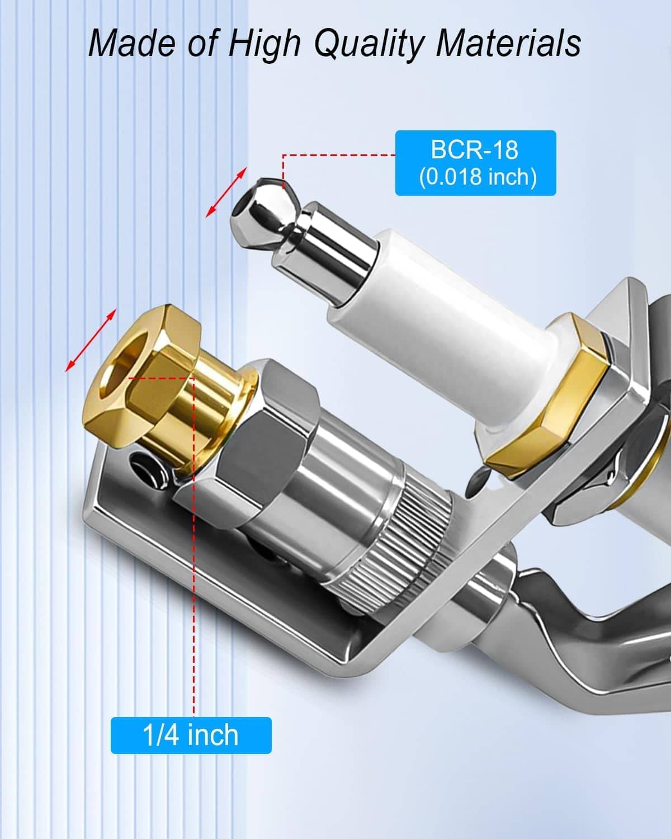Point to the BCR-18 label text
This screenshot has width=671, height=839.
tap(475, 149)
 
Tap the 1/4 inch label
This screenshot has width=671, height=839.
tap(191, 735)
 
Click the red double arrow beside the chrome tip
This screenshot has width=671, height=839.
tap(226, 192)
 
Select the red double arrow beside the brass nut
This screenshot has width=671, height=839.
tap(91, 340)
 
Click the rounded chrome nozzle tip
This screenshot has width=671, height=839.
tap(265, 210)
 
